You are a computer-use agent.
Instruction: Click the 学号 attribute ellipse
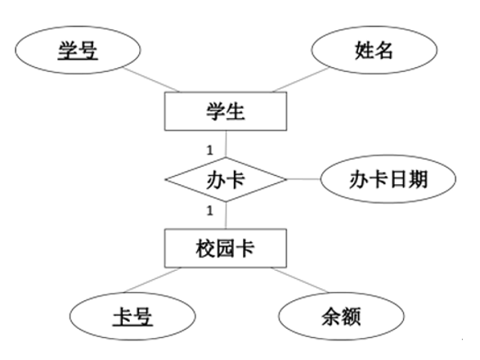coord(78,50)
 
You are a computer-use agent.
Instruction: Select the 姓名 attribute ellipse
coord(375,50)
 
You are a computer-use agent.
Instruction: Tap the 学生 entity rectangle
coord(226,111)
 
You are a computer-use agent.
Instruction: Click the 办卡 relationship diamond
coord(226,179)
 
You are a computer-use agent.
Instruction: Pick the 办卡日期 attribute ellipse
coord(388,179)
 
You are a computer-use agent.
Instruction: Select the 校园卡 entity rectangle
coord(226,248)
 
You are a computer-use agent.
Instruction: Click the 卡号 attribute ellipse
coord(132,316)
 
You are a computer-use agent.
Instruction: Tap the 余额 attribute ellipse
coord(341,316)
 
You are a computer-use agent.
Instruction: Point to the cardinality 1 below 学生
coord(209,150)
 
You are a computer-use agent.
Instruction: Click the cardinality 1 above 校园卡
coord(209,211)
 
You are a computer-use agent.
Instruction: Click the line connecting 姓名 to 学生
coord(301,79)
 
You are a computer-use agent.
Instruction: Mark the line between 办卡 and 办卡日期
coord(303,179)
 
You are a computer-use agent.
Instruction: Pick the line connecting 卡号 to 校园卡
coord(152,280)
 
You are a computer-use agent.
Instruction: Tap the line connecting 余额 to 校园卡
coord(299,280)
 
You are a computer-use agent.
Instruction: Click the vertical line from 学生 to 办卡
coord(226,144)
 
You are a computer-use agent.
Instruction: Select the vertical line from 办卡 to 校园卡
coord(226,215)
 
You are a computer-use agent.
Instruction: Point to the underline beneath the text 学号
coord(78,59)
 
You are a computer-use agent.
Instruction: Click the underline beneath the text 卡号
coord(132,326)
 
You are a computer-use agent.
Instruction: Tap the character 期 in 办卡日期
coord(418,179)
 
